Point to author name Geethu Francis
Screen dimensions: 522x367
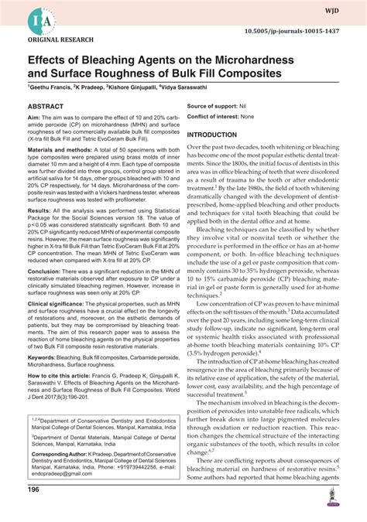point(50,88)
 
